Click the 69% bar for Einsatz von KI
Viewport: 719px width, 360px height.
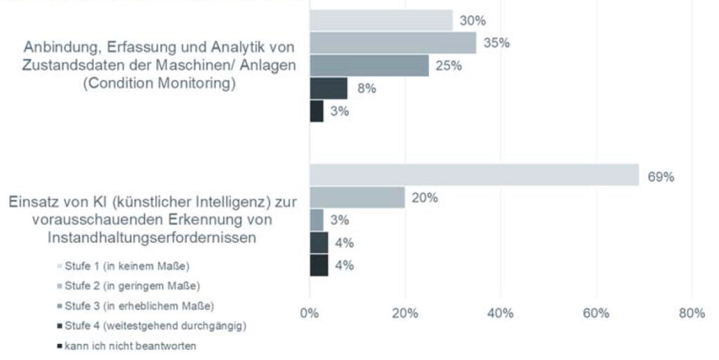point(474,175)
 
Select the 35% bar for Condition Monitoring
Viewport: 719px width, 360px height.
point(393,43)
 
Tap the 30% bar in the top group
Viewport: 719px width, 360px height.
point(381,20)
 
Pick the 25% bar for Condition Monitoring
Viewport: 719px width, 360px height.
point(369,65)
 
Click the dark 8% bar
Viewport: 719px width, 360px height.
point(328,88)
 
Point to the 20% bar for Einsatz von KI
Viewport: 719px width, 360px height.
point(357,197)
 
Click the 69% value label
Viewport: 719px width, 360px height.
point(661,177)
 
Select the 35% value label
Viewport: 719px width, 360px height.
point(496,44)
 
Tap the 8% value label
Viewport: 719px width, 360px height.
point(367,88)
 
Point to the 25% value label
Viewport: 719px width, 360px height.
point(449,66)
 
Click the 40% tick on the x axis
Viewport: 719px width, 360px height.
point(500,313)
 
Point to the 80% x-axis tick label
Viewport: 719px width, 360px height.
point(691,313)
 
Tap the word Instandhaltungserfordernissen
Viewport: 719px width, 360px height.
point(151,238)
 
